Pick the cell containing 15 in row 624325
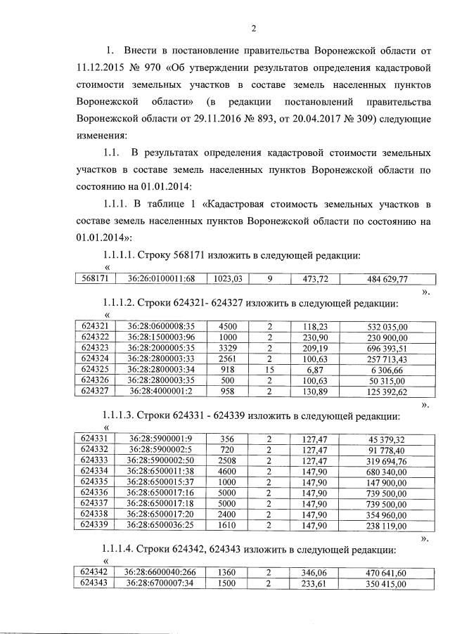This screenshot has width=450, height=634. coord(269,369)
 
